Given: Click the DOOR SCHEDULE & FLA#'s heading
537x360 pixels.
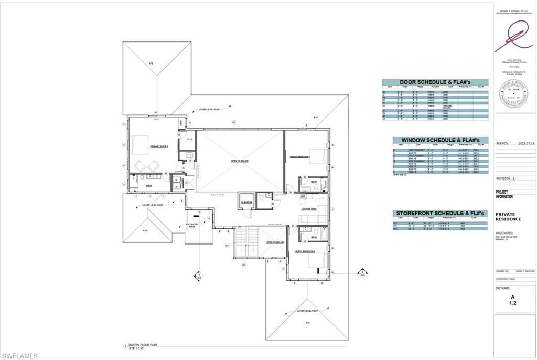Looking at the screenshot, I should pyautogui.click(x=435, y=82).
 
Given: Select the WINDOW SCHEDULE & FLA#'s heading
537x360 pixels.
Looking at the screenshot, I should pyautogui.click(x=441, y=140).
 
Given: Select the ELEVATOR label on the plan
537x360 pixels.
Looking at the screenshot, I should pyautogui.click(x=246, y=202).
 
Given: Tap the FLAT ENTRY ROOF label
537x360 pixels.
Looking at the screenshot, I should pyautogui.click(x=192, y=226).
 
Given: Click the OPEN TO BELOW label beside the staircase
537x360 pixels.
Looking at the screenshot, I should pyautogui.click(x=275, y=242).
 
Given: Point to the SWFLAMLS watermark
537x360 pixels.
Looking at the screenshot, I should pyautogui.click(x=19, y=355).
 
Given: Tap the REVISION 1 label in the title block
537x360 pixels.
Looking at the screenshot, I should pyautogui.click(x=506, y=178).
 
